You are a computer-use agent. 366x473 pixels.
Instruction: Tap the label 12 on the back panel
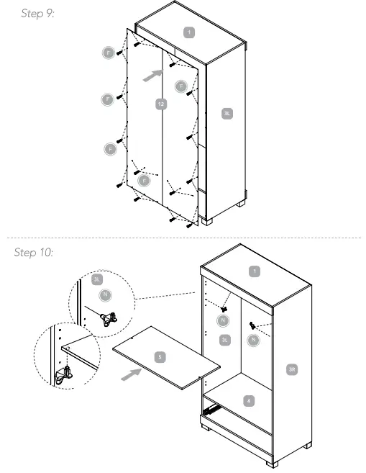pyautogui.click(x=161, y=104)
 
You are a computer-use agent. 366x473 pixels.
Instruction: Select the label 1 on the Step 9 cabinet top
pyautogui.click(x=188, y=32)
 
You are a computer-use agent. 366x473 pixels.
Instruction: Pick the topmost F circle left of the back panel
pyautogui.click(x=109, y=53)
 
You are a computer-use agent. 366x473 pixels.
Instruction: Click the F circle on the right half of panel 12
pyautogui.click(x=182, y=86)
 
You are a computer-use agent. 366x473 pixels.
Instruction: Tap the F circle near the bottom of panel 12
pyautogui.click(x=144, y=180)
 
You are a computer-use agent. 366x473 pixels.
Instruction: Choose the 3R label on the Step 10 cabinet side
pyautogui.click(x=291, y=369)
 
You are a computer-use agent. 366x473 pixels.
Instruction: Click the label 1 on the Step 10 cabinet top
pyautogui.click(x=253, y=271)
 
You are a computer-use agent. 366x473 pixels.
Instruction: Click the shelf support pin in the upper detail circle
pyautogui.click(x=109, y=317)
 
